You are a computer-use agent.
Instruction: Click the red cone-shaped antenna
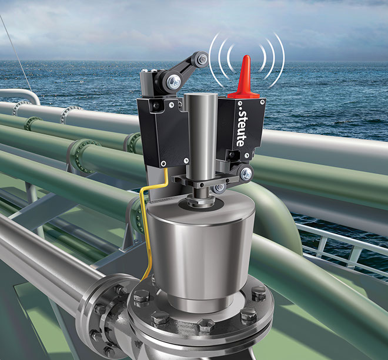coord(245,79)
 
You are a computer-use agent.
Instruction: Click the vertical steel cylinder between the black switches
coord(201,136)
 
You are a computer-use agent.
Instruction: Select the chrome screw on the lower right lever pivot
coord(246,174)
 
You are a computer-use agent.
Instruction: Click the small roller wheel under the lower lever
coord(219,188)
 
